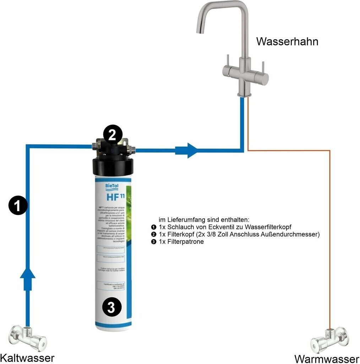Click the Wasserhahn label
[x=287, y=42]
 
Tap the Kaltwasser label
[x=27, y=357]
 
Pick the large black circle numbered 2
[x=112, y=135]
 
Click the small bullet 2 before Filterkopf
[x=153, y=235]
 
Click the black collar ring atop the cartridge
[x=113, y=166]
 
